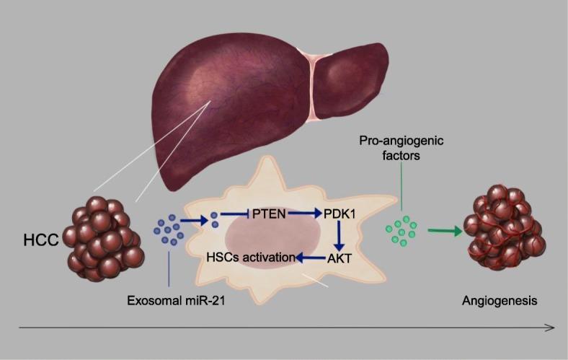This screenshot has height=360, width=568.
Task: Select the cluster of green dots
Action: [403, 229]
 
